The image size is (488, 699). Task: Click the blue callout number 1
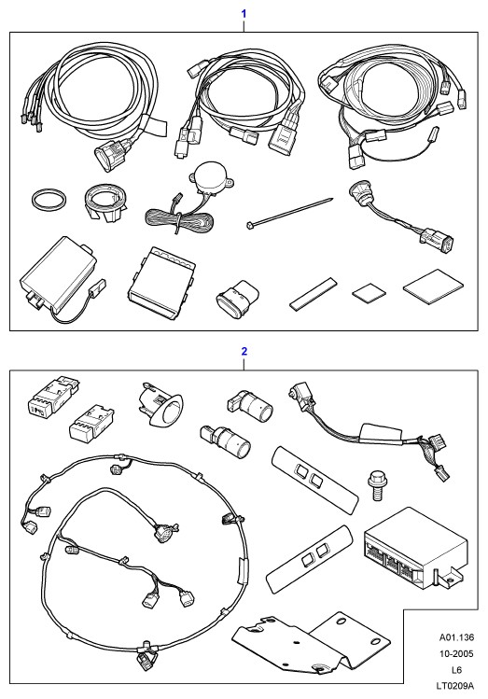(244, 14)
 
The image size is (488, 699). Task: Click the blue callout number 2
(244, 351)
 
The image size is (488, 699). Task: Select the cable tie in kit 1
(289, 213)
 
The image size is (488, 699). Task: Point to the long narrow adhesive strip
(314, 293)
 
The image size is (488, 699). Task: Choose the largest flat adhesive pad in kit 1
(433, 287)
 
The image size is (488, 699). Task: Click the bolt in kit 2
(377, 487)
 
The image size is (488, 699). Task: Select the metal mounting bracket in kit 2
(311, 643)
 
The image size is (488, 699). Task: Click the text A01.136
(456, 637)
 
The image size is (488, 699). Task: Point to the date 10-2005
(456, 654)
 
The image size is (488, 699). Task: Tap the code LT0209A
(455, 686)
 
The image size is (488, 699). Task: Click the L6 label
(456, 669)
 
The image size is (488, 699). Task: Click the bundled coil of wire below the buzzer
(178, 219)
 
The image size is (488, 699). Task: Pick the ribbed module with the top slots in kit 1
(161, 283)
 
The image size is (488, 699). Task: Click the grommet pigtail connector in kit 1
(401, 217)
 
